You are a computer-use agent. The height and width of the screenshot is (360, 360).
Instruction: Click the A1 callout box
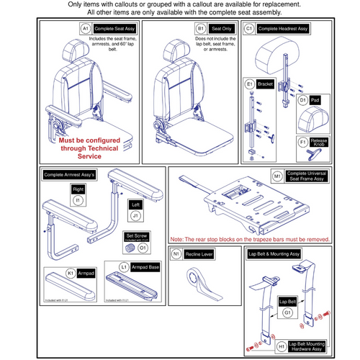(85, 28)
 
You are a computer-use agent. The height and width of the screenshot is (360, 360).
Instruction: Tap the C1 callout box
(248, 28)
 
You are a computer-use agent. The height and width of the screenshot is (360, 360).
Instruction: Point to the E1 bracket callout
(250, 83)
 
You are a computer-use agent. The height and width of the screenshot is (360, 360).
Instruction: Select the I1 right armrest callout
(78, 198)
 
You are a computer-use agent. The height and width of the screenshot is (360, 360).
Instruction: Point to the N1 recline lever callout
(176, 253)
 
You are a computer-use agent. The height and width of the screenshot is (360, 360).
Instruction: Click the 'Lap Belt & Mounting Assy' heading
(276, 253)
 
